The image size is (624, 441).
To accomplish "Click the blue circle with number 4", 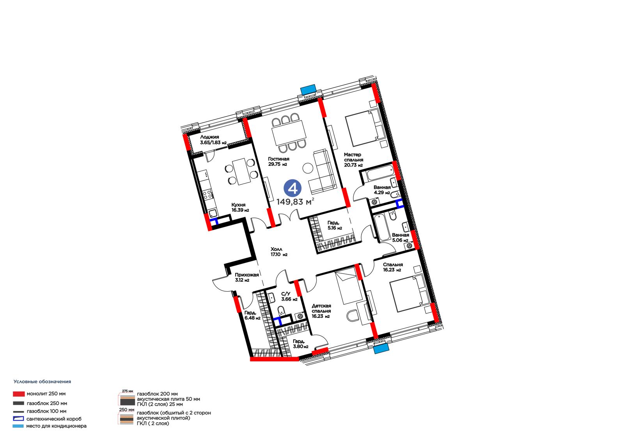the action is (x=292, y=188).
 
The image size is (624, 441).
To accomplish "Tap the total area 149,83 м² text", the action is (x=295, y=202).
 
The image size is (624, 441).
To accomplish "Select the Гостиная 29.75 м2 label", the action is (x=278, y=161).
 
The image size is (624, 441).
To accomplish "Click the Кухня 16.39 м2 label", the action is (x=240, y=207).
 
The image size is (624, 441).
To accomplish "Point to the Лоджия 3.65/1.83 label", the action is (x=213, y=140).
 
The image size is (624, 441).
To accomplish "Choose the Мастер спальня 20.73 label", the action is (x=353, y=159).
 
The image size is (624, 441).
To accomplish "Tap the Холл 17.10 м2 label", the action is (x=279, y=251).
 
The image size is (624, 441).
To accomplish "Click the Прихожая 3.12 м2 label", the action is (x=247, y=277).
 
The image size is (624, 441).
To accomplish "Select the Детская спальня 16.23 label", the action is (x=321, y=311).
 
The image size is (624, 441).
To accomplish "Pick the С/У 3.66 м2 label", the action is (x=289, y=296).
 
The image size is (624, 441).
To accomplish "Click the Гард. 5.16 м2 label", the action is (x=335, y=225).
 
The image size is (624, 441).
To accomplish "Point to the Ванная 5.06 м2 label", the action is (x=400, y=237).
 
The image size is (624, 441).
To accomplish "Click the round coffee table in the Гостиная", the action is (x=308, y=168).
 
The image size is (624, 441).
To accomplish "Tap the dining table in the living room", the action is (x=289, y=133).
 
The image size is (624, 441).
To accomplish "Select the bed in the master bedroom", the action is (x=365, y=128).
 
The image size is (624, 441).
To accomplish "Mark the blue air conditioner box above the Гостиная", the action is (x=308, y=89).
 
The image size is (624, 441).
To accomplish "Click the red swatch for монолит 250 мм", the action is (x=19, y=394).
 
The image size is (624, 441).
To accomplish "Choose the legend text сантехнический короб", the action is (x=54, y=419).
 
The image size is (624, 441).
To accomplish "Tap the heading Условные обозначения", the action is (x=43, y=382).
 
